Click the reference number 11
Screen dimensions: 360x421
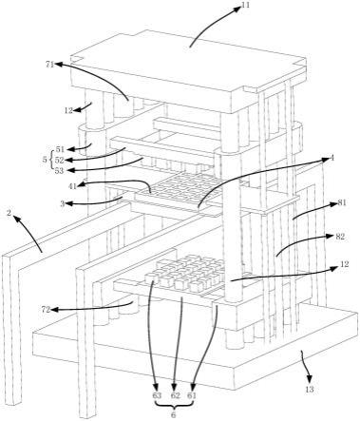tap(245, 5)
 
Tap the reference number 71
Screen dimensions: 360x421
tap(50, 65)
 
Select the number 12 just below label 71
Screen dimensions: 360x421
tap(68, 110)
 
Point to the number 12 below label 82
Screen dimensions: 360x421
tap(345, 264)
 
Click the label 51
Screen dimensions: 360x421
tap(60, 149)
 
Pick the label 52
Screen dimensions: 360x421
tap(60, 160)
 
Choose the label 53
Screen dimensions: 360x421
tap(59, 171)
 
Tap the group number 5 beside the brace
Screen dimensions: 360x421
tap(45, 160)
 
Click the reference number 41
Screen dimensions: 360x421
tap(73, 186)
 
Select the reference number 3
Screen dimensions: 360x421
tap(63, 204)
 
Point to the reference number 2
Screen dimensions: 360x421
tap(9, 213)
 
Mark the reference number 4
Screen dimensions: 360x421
tap(332, 159)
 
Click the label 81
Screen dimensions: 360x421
tap(342, 203)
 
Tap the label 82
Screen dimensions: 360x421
tap(340, 237)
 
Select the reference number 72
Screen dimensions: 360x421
tap(47, 310)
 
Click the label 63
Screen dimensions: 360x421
tap(157, 395)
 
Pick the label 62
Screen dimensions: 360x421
tap(176, 395)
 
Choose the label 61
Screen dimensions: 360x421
tap(192, 395)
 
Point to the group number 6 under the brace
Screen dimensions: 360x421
tap(174, 415)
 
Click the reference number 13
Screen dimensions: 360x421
tap(310, 389)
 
